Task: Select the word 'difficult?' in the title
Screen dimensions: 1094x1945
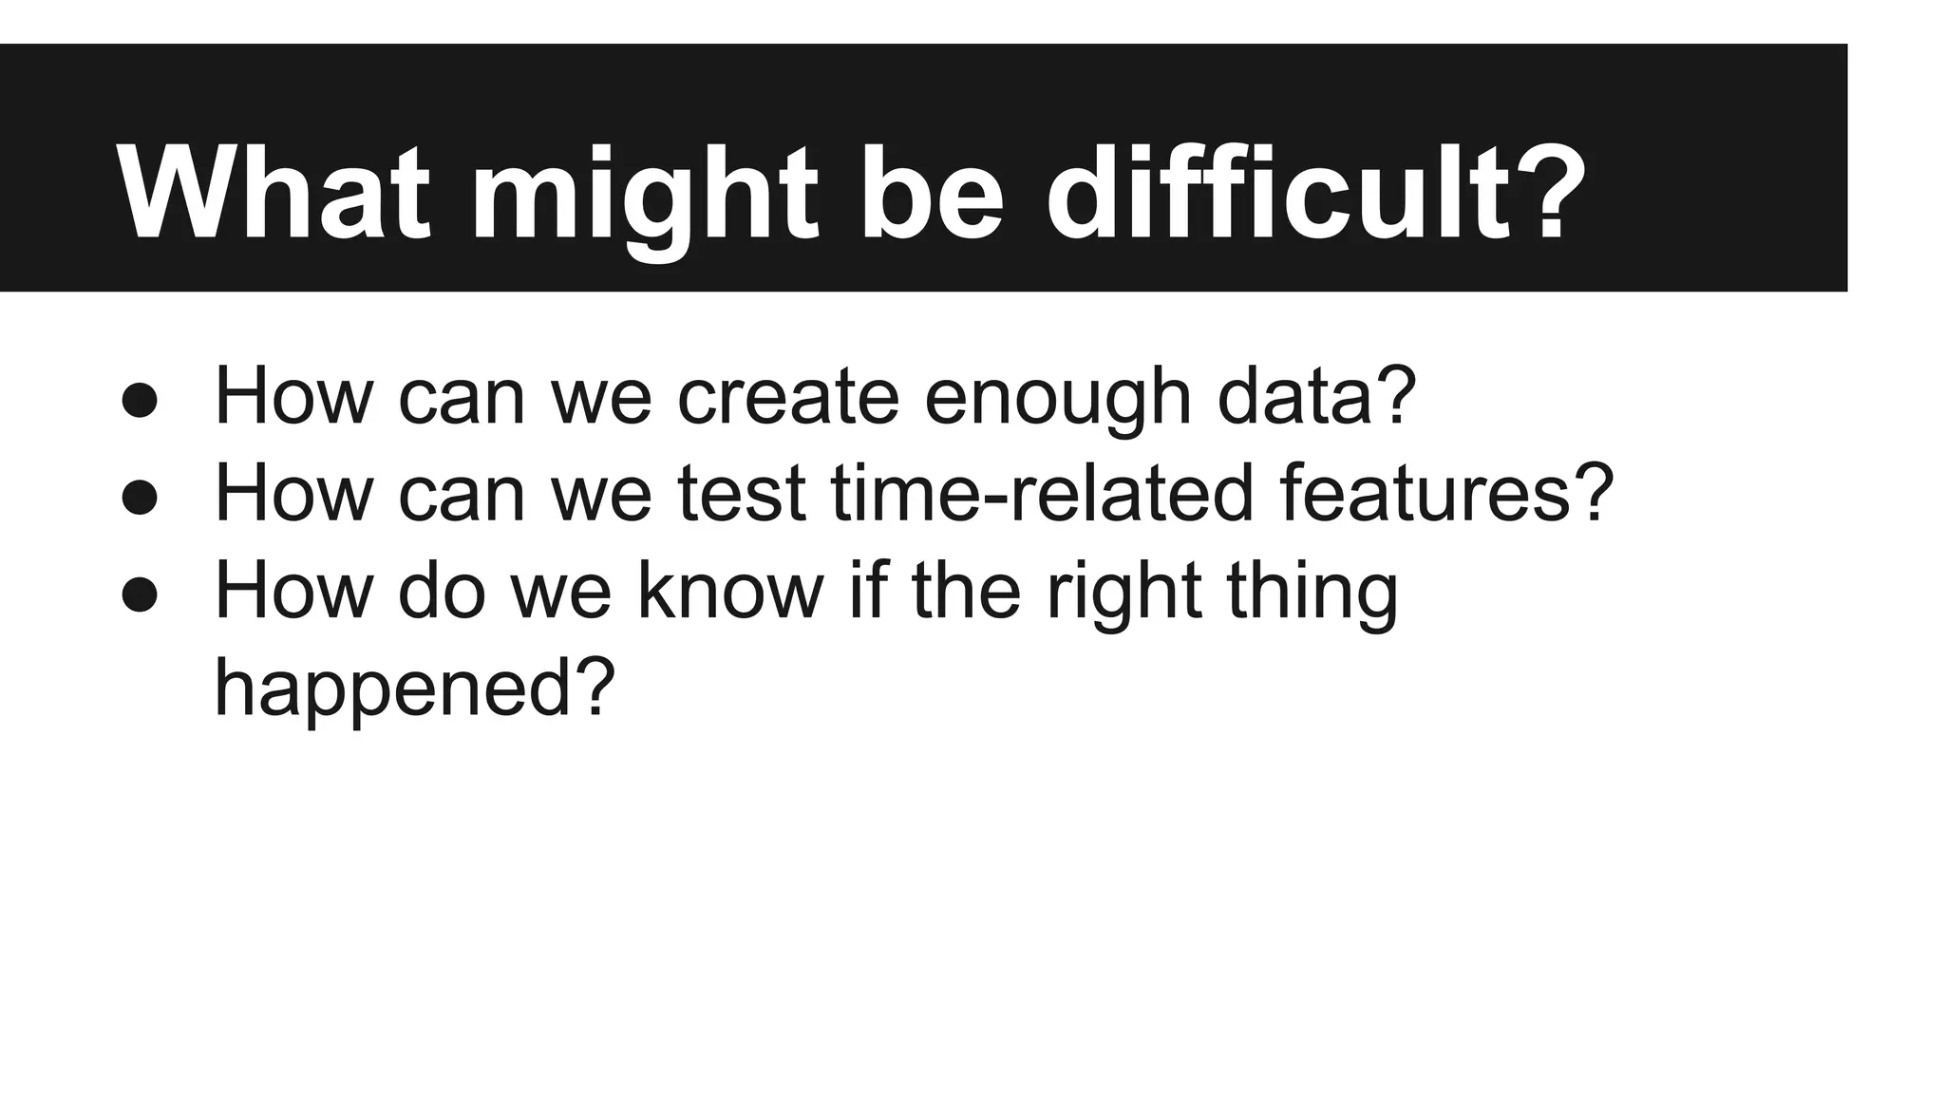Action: (1315, 195)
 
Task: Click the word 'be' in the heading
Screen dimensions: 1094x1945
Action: (931, 195)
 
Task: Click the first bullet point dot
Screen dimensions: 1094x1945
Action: (140, 401)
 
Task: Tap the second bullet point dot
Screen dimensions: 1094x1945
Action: (140, 498)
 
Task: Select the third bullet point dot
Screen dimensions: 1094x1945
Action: (140, 594)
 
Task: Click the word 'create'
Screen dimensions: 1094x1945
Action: (787, 397)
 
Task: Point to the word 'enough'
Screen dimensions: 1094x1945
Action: (1057, 399)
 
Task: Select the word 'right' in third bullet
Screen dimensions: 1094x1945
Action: (1124, 593)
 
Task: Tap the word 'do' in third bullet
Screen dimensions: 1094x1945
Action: (442, 591)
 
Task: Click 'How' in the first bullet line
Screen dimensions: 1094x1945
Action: (293, 397)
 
